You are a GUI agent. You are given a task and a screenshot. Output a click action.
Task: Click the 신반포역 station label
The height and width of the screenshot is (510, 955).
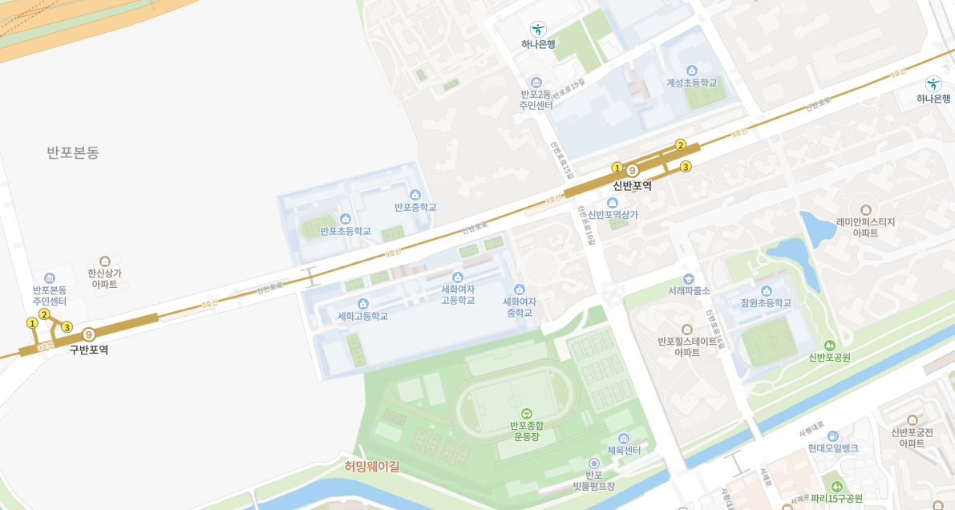632,186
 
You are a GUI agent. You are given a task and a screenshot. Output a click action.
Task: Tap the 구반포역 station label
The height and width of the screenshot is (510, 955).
88,350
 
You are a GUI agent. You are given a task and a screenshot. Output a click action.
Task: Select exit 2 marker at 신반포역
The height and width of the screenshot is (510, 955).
680,145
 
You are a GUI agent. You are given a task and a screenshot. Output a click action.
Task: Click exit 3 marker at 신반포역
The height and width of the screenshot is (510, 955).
686,167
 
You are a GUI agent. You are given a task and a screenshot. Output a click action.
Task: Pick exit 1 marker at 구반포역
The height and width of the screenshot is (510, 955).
32,323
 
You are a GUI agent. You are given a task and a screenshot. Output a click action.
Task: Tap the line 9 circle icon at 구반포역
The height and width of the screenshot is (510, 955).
88,334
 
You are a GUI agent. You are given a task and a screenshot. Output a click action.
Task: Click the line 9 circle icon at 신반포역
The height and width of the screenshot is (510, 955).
632,171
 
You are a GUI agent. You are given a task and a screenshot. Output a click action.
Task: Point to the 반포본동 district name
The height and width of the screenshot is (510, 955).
73,152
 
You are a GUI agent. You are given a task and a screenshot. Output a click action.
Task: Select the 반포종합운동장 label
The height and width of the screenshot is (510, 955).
526,431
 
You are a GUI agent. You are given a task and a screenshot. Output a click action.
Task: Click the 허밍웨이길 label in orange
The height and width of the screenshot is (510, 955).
372,466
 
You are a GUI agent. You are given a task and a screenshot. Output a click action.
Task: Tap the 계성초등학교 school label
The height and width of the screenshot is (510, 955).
692,83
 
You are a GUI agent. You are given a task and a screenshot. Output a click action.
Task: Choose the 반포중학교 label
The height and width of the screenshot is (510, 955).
415,207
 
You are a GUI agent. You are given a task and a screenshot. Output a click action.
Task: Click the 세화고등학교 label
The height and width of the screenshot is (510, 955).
362,316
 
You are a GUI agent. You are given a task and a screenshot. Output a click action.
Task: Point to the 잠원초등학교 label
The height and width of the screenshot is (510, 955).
766,303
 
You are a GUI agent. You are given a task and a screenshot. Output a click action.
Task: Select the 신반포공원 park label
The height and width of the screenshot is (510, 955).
829,357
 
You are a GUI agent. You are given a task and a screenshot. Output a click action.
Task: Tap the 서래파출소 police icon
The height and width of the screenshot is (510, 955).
689,278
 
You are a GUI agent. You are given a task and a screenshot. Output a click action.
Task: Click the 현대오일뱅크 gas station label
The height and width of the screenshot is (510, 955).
833,448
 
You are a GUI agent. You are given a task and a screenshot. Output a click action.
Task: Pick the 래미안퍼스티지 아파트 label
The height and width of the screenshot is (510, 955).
865,227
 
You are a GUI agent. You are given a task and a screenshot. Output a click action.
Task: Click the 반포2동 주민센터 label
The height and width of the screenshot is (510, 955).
536,99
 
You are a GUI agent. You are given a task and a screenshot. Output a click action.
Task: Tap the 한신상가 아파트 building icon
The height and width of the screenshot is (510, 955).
105,261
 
